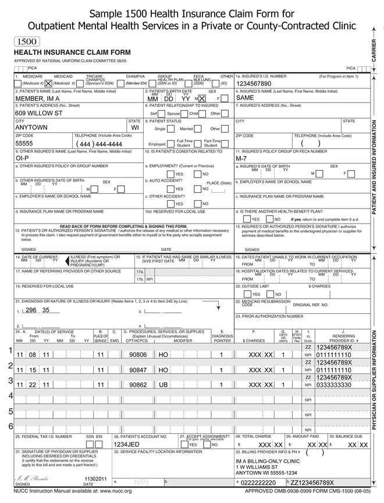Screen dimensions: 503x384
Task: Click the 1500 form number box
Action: (x=26, y=42)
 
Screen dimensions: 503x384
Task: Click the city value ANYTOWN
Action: (x=31, y=128)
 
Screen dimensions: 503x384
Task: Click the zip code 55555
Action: (x=24, y=143)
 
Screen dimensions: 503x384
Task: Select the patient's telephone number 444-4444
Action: (x=98, y=144)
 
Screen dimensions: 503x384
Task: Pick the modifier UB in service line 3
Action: (x=163, y=385)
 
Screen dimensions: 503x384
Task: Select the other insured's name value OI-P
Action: (x=23, y=158)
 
